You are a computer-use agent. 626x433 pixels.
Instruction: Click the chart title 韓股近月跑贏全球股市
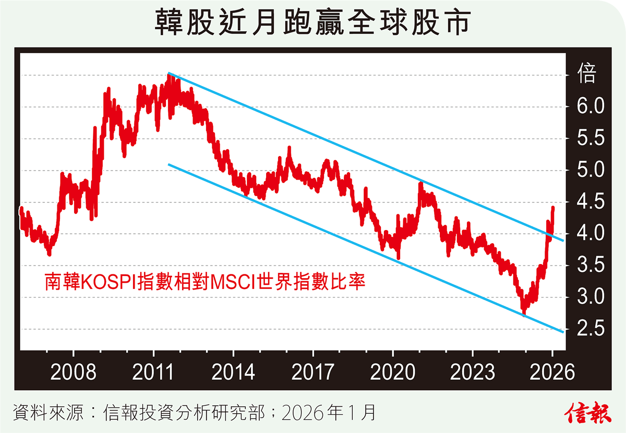pyautogui.click(x=313, y=23)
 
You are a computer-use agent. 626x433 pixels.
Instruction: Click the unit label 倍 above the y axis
pyautogui.click(x=587, y=75)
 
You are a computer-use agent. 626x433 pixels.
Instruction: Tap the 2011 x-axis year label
pyautogui.click(x=153, y=372)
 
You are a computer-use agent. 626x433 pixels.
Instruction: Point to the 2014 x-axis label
pyautogui.click(x=233, y=372)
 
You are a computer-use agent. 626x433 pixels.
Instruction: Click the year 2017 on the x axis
pyautogui.click(x=312, y=372)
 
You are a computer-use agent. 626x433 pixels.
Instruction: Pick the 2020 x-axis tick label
pyautogui.click(x=392, y=372)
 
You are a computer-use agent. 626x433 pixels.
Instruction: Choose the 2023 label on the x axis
pyautogui.click(x=472, y=372)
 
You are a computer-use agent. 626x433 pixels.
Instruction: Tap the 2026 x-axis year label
pyautogui.click(x=552, y=372)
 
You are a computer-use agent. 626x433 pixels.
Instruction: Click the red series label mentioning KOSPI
pyautogui.click(x=204, y=282)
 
